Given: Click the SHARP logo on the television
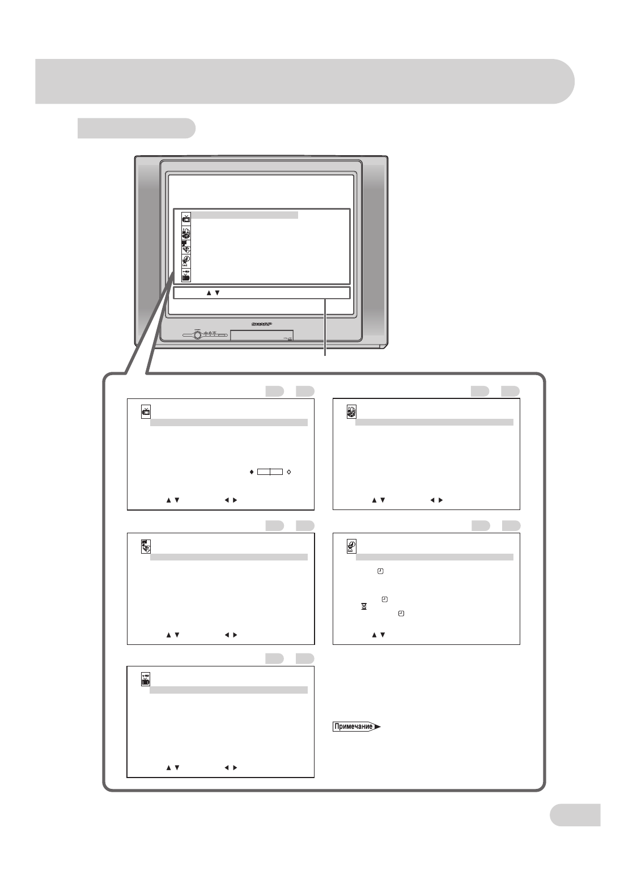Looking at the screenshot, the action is click(x=261, y=324).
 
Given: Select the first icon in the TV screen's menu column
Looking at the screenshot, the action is click(x=186, y=218).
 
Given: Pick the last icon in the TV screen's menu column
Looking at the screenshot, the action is click(x=186, y=276).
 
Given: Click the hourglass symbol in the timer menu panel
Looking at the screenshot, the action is click(x=364, y=606).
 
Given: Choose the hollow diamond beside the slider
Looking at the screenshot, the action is click(x=289, y=472).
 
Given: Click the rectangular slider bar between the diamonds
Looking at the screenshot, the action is click(x=270, y=472).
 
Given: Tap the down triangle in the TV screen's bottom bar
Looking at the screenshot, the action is click(x=218, y=293).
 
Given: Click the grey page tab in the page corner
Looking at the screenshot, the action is click(x=575, y=814).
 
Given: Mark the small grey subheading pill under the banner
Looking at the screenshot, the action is click(x=137, y=128).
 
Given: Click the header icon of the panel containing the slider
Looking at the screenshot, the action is click(x=146, y=412).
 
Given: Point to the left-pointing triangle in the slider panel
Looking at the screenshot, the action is click(x=227, y=500).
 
